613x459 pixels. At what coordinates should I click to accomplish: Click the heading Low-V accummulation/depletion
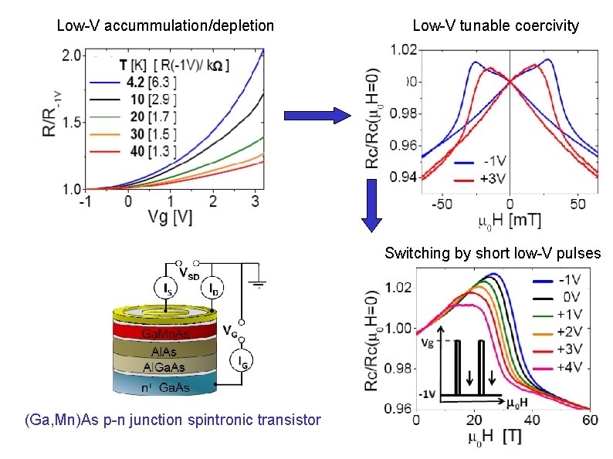click(x=165, y=26)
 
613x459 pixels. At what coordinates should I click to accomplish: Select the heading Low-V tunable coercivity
click(x=496, y=26)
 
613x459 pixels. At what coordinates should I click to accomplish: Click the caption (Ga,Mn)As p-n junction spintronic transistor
click(x=172, y=420)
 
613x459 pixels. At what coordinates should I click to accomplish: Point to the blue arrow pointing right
click(x=317, y=116)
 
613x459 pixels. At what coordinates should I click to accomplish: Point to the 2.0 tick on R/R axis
click(x=72, y=56)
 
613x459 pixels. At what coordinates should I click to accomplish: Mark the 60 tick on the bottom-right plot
click(x=590, y=420)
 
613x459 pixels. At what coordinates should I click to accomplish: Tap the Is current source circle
click(x=167, y=289)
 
